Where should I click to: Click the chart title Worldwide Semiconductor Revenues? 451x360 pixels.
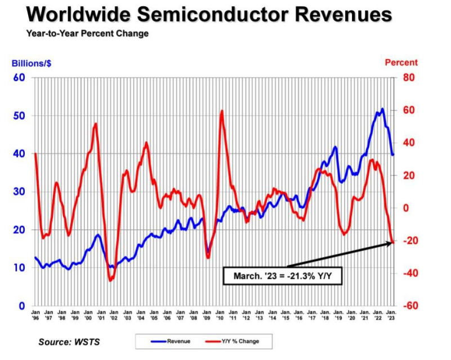click(209, 15)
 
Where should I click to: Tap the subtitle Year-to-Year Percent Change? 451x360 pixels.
click(87, 33)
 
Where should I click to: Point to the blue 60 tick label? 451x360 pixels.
click(19, 77)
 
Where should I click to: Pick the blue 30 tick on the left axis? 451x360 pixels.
click(19, 192)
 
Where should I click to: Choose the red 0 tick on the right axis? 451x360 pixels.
click(405, 208)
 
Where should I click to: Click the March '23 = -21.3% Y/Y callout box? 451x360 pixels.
click(282, 276)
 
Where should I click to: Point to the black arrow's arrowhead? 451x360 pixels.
click(390, 243)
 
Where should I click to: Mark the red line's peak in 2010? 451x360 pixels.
click(222, 111)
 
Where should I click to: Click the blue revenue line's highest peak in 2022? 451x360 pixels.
click(382, 109)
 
